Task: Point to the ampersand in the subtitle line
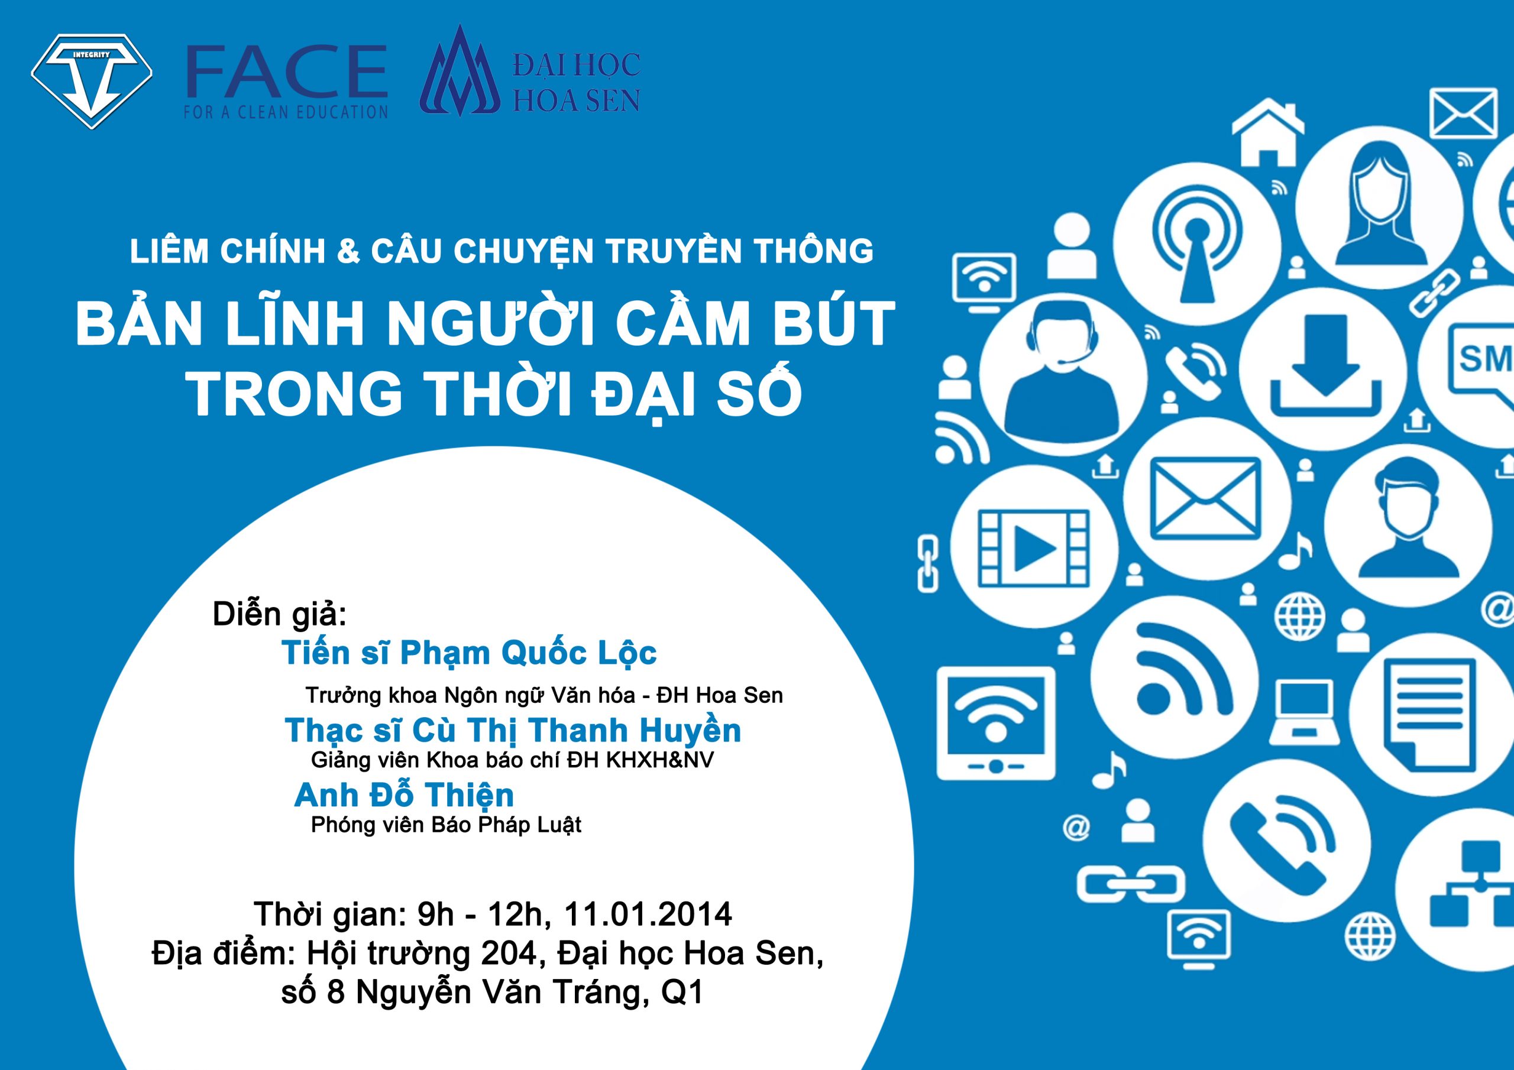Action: tap(348, 251)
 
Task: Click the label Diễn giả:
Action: tap(280, 614)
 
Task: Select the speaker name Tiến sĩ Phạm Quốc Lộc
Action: tap(469, 653)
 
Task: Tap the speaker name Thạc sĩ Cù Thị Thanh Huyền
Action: tap(513, 731)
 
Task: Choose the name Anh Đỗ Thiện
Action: tap(403, 795)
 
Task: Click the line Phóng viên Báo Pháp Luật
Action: tap(447, 825)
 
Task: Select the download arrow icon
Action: tap(1325, 367)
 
